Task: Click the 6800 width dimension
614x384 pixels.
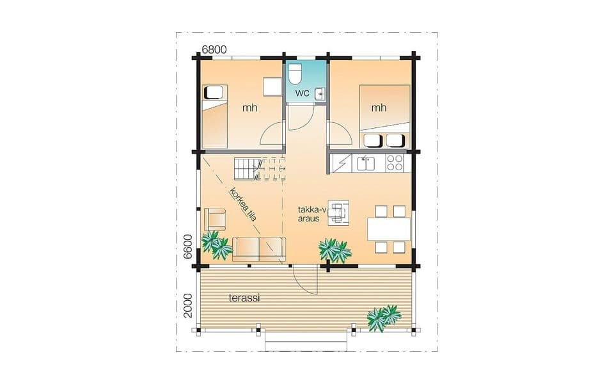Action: pos(214,49)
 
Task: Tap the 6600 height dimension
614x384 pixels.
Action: pos(188,246)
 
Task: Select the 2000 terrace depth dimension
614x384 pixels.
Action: pos(188,306)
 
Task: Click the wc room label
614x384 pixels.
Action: pos(303,93)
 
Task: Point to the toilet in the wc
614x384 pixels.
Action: pos(294,74)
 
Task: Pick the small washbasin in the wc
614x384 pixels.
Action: pos(320,94)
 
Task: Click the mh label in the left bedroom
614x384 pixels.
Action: pos(249,108)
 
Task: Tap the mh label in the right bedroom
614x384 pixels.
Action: pos(379,108)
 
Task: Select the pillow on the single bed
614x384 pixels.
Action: pos(214,92)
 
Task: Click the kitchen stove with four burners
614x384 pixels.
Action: pos(395,163)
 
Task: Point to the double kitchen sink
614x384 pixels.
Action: pos(365,163)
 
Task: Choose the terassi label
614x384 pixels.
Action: pos(244,298)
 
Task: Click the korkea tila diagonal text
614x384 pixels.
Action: pos(243,205)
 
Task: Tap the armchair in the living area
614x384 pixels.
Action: pos(215,220)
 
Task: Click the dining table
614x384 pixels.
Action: pos(389,229)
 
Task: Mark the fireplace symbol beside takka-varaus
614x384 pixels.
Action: pos(338,212)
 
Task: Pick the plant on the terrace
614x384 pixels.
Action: pos(384,317)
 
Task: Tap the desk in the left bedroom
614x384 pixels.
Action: pos(272,86)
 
